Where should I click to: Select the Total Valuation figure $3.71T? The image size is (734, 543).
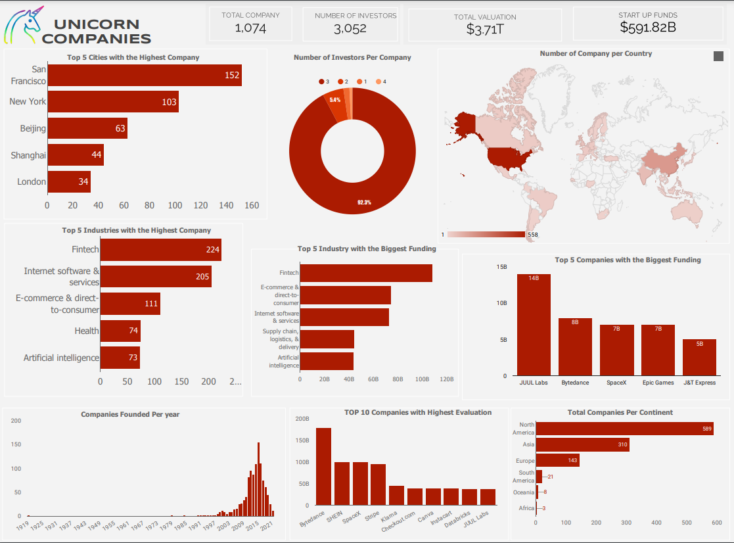coord(485,29)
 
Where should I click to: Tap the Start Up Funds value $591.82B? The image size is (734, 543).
coord(647,27)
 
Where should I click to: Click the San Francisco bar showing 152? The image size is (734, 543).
coord(145,75)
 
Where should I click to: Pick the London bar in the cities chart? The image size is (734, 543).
coord(69,181)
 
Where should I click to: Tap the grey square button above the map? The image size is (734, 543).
coord(718,57)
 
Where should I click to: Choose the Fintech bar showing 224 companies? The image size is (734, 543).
coord(160,250)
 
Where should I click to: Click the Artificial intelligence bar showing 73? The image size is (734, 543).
coord(120,358)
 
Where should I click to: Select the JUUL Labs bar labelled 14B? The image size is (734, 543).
coord(534,324)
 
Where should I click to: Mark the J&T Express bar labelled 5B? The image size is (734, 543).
coord(699,357)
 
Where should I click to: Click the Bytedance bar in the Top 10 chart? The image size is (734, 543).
coord(323,466)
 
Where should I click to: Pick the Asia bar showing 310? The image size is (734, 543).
coord(582,445)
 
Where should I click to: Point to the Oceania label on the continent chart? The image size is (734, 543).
coord(524,492)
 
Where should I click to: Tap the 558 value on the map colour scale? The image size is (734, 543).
coord(533,235)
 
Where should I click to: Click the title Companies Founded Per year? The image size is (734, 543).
coord(130,414)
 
